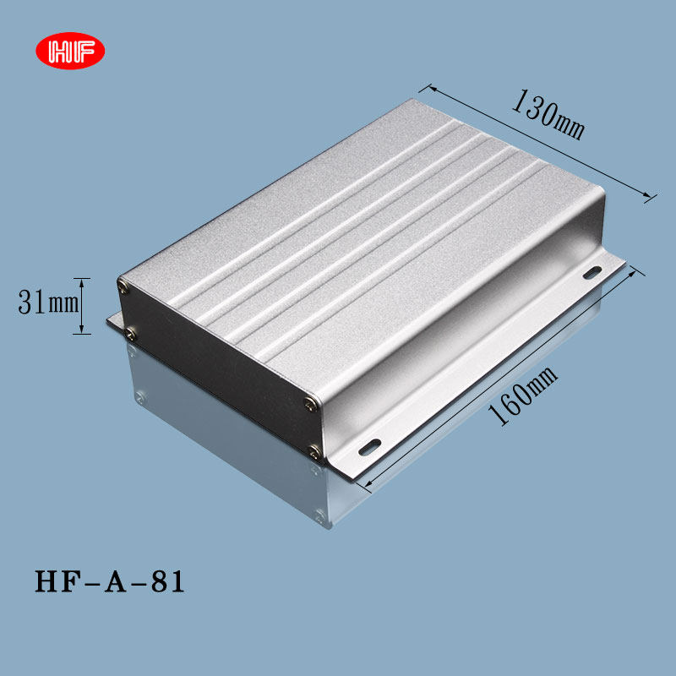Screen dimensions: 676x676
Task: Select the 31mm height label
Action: click(47, 303)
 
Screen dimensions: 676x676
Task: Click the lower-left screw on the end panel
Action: click(130, 335)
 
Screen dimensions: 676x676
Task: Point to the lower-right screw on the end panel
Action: click(316, 450)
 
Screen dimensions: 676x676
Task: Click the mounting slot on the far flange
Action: click(592, 272)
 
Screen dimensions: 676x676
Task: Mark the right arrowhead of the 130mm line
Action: click(651, 197)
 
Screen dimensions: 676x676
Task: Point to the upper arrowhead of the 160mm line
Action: click(630, 268)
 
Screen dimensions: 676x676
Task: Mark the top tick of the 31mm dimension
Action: click(81, 278)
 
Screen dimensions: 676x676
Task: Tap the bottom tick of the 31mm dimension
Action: click(81, 333)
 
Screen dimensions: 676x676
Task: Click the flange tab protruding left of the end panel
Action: click(115, 321)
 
